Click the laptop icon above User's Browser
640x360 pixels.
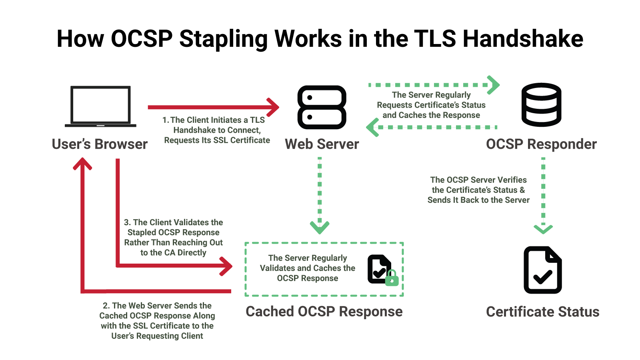[100, 106]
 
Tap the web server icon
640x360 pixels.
[322, 107]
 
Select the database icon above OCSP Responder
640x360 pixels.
[541, 105]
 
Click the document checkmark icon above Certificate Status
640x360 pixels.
[543, 270]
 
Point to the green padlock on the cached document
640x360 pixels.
[392, 278]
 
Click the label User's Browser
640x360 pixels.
[100, 144]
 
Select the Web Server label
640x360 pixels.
[322, 144]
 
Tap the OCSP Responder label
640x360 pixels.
[541, 144]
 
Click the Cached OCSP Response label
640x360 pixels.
[324, 312]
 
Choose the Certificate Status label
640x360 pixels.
[542, 312]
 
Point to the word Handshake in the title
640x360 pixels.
[523, 39]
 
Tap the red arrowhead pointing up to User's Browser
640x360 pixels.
[82, 163]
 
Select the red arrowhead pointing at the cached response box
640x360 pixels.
[227, 266]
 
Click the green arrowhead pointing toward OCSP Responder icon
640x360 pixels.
[494, 85]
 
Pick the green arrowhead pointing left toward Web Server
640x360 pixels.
[372, 127]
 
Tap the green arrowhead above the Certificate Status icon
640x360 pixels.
[543, 229]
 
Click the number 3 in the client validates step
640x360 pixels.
[127, 222]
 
